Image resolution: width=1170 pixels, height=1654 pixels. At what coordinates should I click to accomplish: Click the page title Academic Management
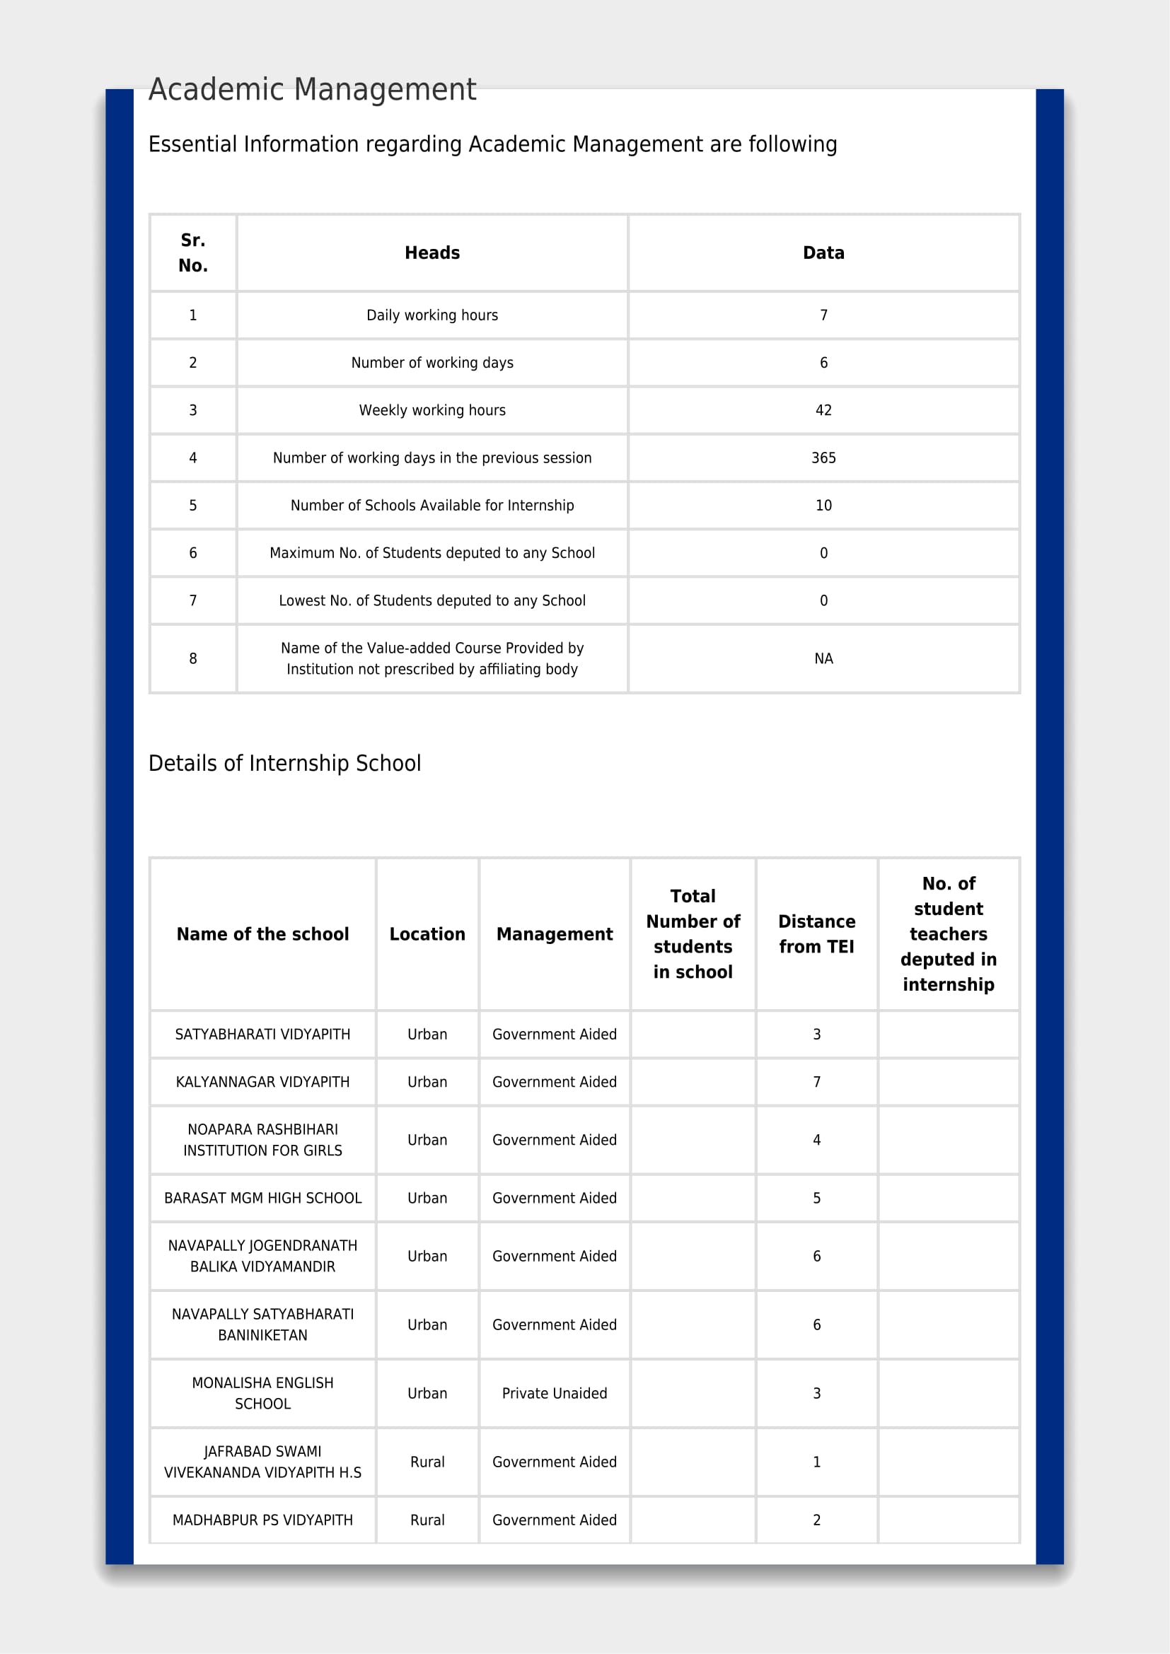[x=312, y=90]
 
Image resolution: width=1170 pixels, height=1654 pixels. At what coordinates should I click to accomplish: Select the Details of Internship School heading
[x=284, y=763]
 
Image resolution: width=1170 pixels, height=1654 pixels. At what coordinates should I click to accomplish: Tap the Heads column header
[x=432, y=253]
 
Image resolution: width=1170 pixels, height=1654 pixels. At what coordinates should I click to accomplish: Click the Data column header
[x=823, y=253]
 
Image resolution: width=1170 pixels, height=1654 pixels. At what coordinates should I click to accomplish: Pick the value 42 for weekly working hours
[x=823, y=410]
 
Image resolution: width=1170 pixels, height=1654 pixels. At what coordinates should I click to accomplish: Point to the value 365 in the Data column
[x=823, y=458]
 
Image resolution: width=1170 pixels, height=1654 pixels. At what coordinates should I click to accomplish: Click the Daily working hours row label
[x=432, y=315]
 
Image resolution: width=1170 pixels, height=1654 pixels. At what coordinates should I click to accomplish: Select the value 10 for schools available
[x=823, y=505]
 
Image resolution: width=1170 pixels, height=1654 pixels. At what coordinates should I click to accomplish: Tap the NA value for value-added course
[x=823, y=658]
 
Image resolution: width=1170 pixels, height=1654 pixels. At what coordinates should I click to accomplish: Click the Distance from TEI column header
[x=816, y=933]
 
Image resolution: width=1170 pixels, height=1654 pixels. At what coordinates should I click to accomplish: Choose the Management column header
[x=554, y=933]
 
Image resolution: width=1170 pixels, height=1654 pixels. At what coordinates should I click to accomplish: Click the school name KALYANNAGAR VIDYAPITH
[x=263, y=1081]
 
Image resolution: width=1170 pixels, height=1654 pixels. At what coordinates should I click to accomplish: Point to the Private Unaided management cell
[x=554, y=1393]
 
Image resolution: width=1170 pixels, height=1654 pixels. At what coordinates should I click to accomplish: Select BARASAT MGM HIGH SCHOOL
[x=263, y=1198]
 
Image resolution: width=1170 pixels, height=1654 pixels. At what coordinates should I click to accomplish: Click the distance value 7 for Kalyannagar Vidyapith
[x=816, y=1081]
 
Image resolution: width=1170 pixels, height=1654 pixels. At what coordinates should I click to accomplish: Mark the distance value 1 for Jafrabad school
[x=816, y=1462]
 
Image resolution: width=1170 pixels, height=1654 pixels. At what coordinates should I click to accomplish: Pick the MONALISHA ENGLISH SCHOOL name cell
[x=263, y=1393]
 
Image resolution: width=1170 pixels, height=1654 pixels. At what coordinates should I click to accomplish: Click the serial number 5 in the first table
[x=193, y=505]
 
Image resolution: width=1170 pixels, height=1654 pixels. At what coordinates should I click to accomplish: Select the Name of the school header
[x=263, y=933]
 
